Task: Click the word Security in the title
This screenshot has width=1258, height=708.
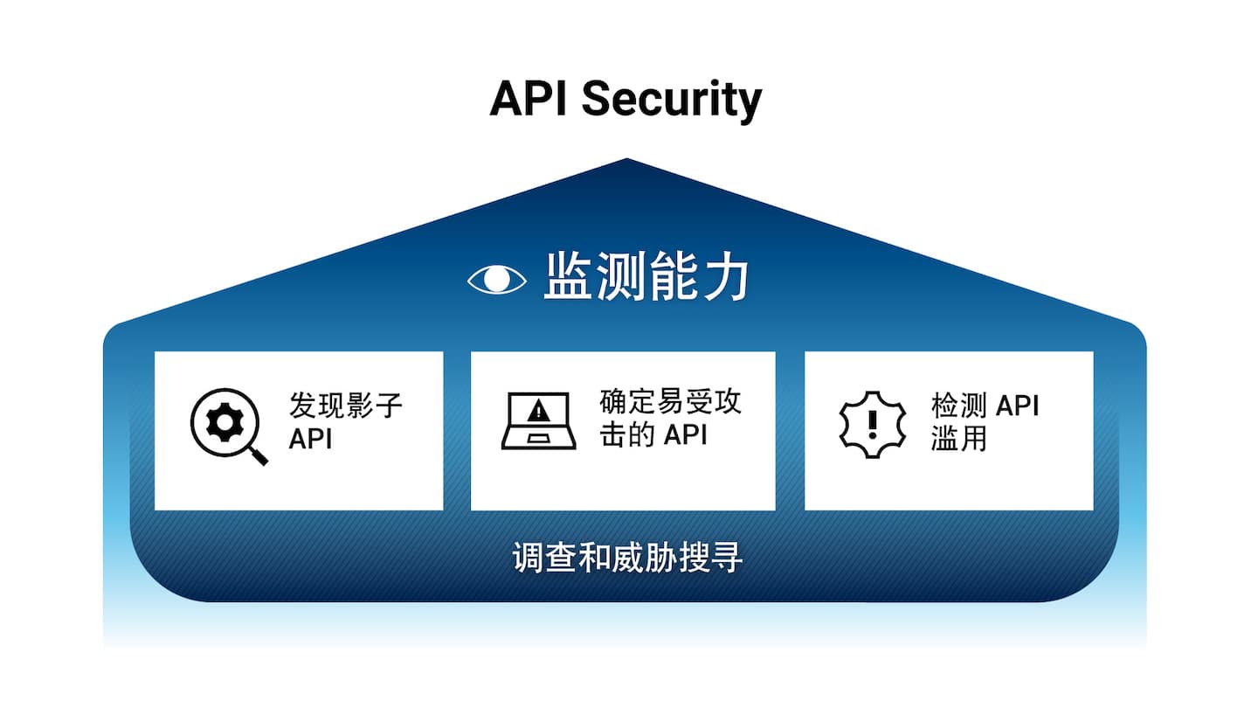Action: point(671,100)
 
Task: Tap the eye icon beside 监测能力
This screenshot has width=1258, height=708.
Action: point(497,279)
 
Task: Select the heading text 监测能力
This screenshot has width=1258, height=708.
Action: point(646,277)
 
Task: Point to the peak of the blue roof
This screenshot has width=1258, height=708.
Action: point(626,160)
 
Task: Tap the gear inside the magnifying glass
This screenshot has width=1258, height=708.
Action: point(225,422)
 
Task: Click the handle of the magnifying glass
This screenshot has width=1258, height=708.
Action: point(257,455)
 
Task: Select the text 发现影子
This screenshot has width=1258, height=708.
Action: point(346,406)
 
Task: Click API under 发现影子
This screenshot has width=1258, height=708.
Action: point(311,439)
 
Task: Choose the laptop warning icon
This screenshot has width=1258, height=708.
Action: point(539,420)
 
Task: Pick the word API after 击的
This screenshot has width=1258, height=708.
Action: point(685,434)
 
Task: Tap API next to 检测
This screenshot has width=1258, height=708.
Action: point(1018,406)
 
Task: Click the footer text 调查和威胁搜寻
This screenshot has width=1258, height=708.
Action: point(627,557)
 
